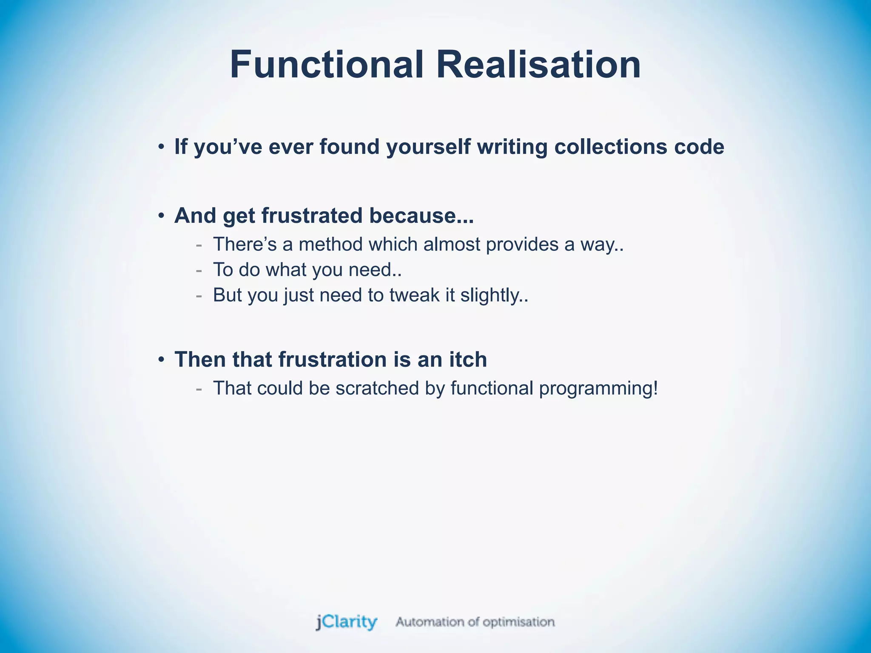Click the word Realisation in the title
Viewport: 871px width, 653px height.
click(538, 65)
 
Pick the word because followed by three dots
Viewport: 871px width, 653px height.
click(421, 215)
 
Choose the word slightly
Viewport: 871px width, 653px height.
click(493, 295)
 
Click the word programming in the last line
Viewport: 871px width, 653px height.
click(598, 388)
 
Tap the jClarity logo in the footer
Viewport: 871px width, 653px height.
click(347, 622)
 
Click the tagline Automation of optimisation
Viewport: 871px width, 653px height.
click(475, 622)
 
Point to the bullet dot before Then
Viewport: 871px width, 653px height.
click(161, 360)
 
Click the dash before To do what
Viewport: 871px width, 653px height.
click(199, 270)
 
